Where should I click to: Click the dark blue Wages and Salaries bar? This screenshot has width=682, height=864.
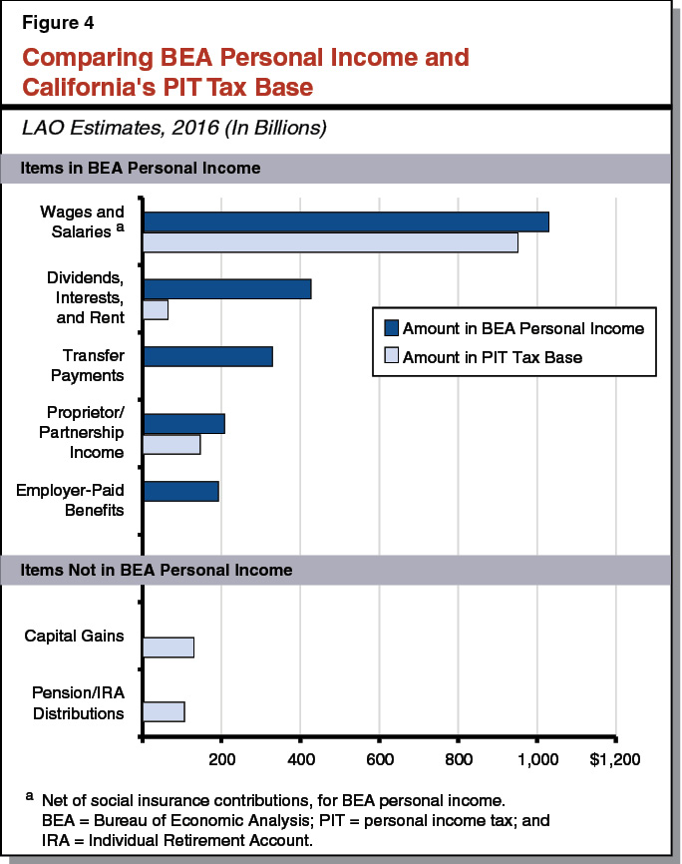[x=346, y=222]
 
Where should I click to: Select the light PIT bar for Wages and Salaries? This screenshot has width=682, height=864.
[x=330, y=242]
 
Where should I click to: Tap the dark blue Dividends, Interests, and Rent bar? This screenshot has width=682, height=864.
[x=227, y=289]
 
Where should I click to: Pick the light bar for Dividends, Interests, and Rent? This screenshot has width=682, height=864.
[x=156, y=309]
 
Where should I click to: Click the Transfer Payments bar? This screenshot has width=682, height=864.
[x=207, y=356]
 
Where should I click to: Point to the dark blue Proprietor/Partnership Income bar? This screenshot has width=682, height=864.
[x=183, y=423]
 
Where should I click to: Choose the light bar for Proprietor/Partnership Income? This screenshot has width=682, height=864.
[x=171, y=444]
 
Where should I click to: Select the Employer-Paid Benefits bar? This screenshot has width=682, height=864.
[x=180, y=491]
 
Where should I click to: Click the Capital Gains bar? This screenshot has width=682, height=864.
[x=169, y=647]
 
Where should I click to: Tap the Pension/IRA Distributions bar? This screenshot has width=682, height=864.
[x=164, y=711]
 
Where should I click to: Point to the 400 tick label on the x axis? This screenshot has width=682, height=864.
[x=301, y=759]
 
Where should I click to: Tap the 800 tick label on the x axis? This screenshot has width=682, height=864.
[x=459, y=759]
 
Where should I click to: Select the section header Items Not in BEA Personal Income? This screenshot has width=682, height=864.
[x=157, y=570]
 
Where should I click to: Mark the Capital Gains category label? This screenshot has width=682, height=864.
[x=75, y=637]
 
